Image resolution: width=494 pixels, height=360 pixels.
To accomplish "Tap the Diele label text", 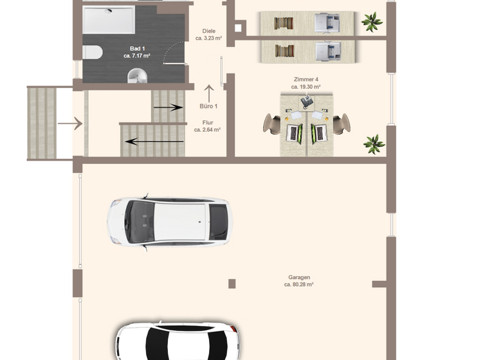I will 208,31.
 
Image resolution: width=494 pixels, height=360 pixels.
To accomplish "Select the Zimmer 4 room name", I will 305,79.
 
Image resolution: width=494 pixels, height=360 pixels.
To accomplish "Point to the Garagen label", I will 300,277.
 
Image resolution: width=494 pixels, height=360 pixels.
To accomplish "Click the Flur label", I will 207,122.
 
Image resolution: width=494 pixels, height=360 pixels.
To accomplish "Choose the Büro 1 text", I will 208,106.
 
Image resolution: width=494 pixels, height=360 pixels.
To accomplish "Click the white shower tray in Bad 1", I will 109,20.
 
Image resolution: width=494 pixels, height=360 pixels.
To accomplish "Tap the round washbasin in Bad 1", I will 137,76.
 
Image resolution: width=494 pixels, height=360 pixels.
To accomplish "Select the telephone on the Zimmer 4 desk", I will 306,100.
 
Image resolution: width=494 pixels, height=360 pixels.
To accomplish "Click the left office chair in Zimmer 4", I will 273,123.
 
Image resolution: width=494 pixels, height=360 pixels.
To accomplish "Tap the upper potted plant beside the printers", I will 371,22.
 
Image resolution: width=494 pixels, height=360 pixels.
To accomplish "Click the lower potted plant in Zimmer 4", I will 374,143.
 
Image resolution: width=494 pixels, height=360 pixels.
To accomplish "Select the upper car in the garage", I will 169,221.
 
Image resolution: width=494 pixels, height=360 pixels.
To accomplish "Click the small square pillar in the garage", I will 232,283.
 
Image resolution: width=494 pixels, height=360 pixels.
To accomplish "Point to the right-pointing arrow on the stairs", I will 168,108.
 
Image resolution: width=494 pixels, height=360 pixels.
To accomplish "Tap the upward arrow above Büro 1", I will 208,93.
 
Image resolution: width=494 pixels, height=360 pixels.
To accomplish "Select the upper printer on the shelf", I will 326,23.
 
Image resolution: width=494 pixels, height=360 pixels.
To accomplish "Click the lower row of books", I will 284,50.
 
